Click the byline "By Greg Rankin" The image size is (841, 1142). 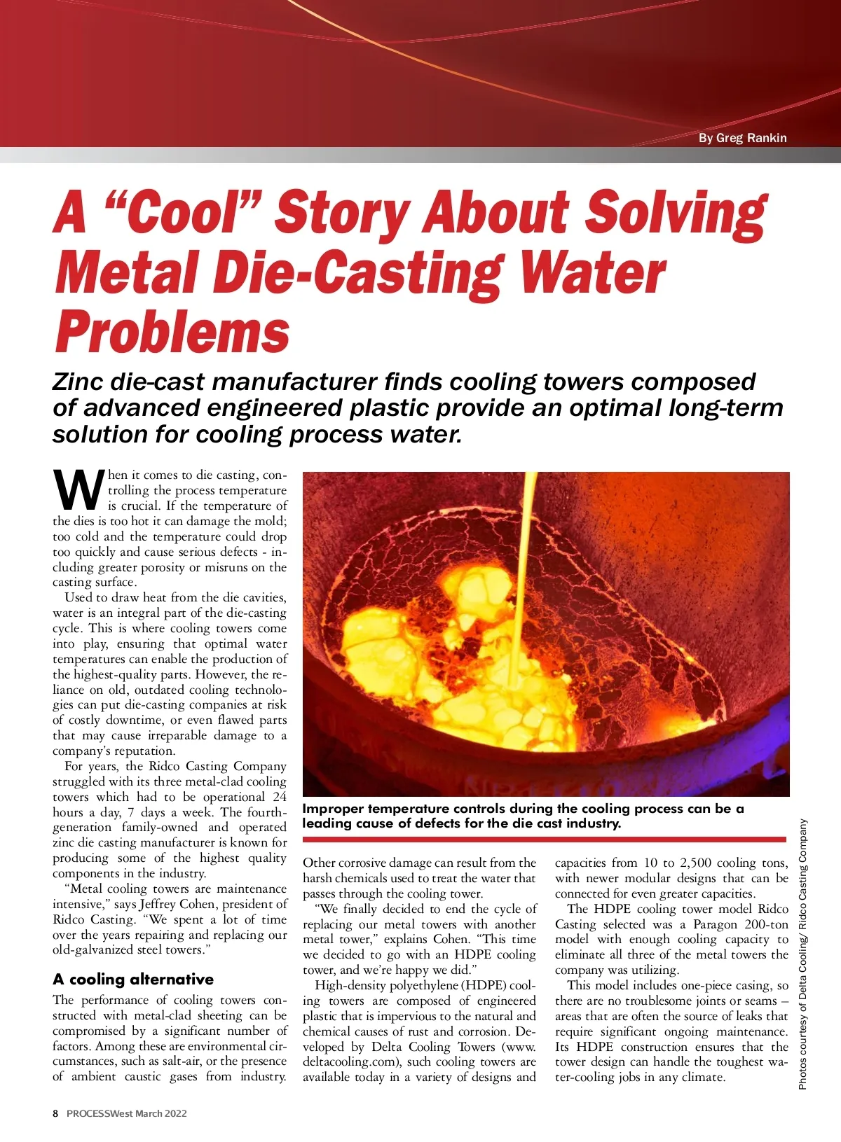(742, 138)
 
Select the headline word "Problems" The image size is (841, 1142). (172, 332)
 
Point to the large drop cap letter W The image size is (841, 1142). (78, 490)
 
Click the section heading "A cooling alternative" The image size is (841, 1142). (133, 979)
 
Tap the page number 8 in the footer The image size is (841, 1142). (56, 1113)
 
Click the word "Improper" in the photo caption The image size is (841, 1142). (333, 809)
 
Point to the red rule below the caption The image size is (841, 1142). (544, 839)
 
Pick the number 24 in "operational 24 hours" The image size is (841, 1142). (279, 797)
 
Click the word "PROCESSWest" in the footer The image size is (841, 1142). (99, 1113)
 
